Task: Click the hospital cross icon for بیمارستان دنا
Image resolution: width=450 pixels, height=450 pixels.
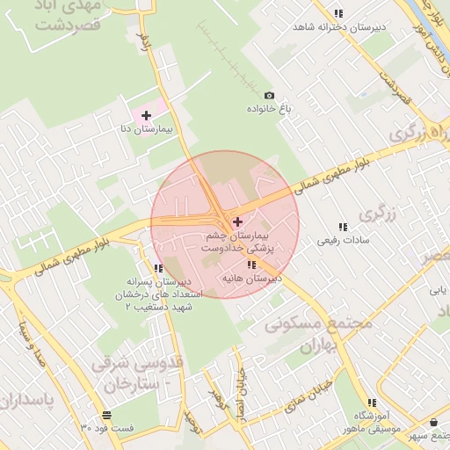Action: (146, 115)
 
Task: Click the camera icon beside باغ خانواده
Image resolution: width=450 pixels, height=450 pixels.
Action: (269, 96)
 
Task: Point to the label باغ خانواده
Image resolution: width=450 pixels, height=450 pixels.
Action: (272, 110)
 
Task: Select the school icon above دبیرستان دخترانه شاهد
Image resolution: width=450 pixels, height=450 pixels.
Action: (338, 13)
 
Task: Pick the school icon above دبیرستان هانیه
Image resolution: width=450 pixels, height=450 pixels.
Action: (252, 265)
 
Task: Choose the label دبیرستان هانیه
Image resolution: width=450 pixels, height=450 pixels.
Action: (251, 279)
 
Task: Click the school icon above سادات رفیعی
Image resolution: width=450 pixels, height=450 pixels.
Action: (344, 226)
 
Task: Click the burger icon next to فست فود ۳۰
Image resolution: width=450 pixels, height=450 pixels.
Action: (106, 414)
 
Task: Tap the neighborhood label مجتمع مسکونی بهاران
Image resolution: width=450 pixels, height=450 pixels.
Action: (318, 335)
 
